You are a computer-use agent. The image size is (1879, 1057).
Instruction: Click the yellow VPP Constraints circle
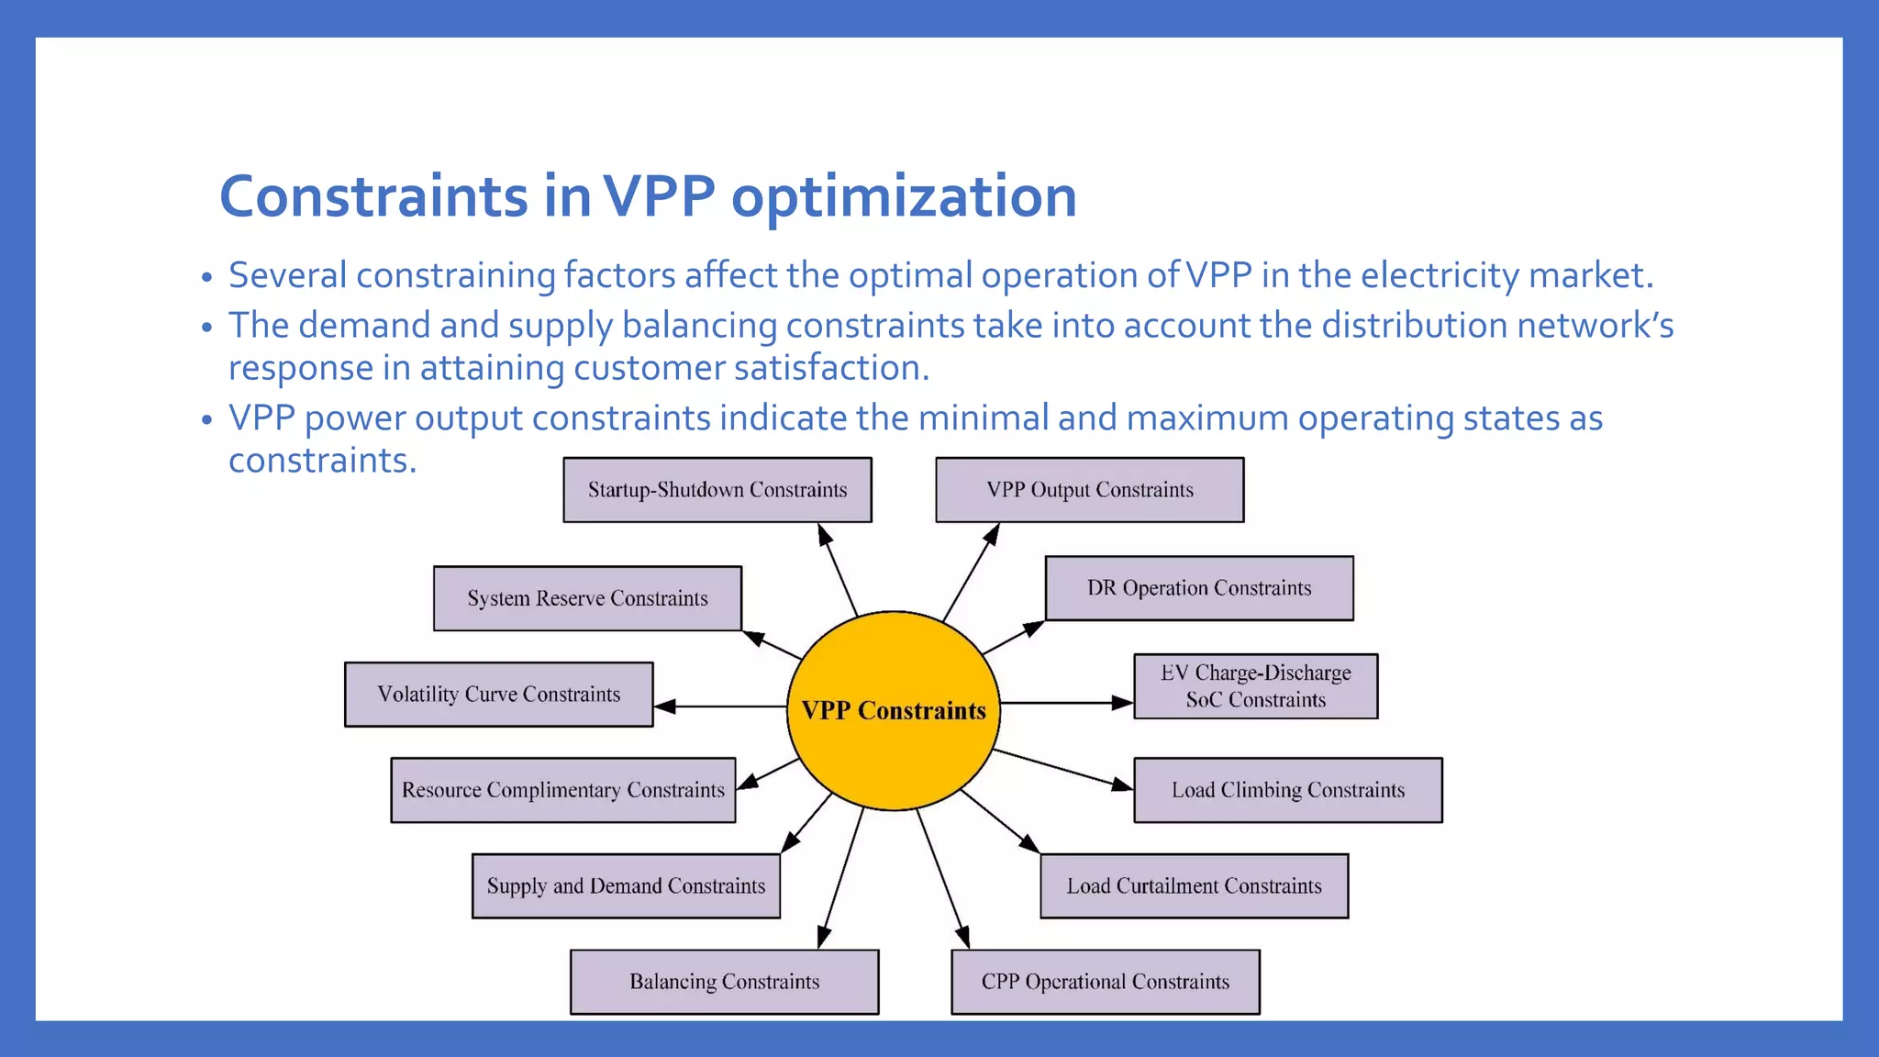894,710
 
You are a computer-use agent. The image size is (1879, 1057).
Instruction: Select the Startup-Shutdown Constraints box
717,490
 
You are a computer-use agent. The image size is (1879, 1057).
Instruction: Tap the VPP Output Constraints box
1090,490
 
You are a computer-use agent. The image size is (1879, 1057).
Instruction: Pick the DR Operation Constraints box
1199,588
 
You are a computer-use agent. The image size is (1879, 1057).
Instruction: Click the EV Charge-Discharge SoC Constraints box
1255,686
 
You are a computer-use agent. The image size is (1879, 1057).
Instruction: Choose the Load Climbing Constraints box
1288,790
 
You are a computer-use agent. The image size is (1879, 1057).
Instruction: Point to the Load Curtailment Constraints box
1194,886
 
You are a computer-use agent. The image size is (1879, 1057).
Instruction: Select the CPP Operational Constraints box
1106,982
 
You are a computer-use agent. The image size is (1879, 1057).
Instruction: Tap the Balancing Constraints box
724,982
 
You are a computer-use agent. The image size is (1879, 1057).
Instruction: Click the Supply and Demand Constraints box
626,886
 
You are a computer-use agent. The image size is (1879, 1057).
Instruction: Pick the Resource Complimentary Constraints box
563,790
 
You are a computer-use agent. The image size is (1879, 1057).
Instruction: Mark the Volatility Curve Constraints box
499,695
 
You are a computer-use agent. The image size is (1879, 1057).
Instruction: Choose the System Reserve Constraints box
587,598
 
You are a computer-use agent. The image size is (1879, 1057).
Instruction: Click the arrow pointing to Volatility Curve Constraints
720,707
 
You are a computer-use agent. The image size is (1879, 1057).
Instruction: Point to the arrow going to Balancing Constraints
840,877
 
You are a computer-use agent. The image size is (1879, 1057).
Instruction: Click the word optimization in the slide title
904,196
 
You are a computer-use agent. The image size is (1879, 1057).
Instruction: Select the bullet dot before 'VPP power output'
207,419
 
